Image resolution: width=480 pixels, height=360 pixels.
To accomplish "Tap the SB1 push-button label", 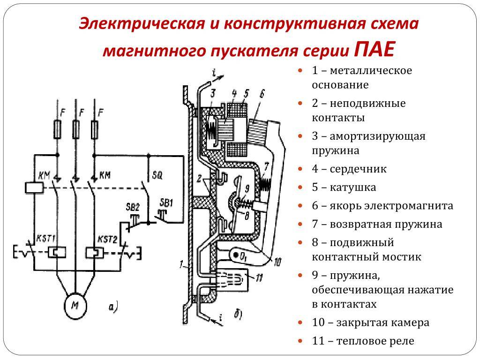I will [167, 202].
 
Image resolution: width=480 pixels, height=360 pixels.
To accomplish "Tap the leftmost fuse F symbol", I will [57, 129].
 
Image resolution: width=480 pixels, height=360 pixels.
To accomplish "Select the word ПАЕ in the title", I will [375, 48].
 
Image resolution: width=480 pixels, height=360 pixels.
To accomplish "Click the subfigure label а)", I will [112, 307].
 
